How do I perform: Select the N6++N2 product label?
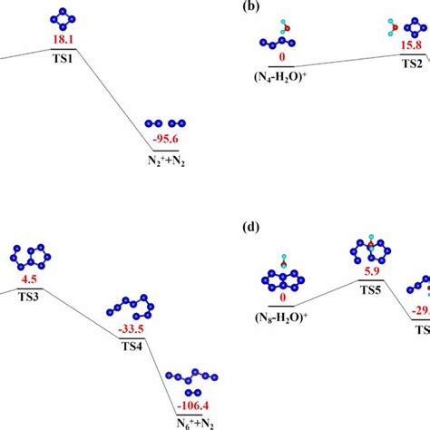(192, 421)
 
